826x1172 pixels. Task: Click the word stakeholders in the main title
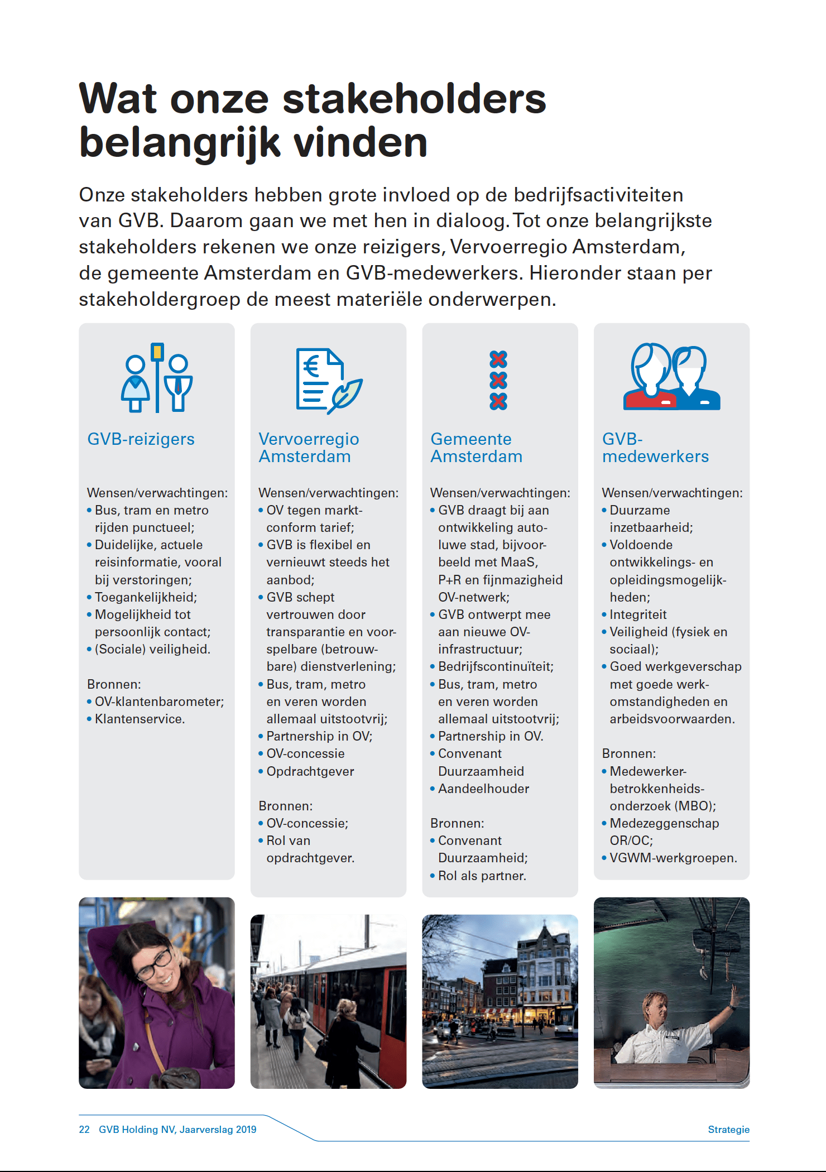414,99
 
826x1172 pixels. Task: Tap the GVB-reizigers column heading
141,439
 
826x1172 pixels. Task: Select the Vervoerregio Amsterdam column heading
309,448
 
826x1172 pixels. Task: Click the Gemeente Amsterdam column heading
476,448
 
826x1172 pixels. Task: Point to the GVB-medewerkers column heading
655,448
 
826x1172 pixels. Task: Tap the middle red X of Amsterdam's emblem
498,380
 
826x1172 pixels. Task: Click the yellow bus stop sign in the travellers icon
157,352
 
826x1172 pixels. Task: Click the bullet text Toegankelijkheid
146,597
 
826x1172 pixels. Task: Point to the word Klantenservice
140,719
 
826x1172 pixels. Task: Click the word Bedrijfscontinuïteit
496,666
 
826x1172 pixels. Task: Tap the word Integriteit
638,614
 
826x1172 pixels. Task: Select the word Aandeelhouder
483,789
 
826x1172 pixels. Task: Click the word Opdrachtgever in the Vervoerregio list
310,771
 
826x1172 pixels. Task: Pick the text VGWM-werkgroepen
673,858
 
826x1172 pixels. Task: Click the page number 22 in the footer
84,1130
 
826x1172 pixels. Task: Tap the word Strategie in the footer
728,1130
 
